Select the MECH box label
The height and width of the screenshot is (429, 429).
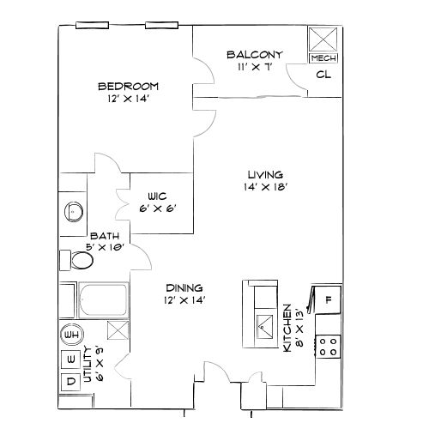click(323, 58)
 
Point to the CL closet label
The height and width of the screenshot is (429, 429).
click(323, 75)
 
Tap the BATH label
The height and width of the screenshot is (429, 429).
click(104, 236)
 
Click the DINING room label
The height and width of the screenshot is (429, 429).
click(182, 289)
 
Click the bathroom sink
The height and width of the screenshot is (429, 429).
click(73, 211)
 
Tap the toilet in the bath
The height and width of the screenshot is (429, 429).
click(79, 260)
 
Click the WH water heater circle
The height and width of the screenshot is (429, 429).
click(71, 335)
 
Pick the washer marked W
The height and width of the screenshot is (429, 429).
click(71, 358)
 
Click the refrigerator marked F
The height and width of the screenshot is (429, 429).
click(329, 300)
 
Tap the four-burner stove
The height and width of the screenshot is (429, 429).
click(328, 347)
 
